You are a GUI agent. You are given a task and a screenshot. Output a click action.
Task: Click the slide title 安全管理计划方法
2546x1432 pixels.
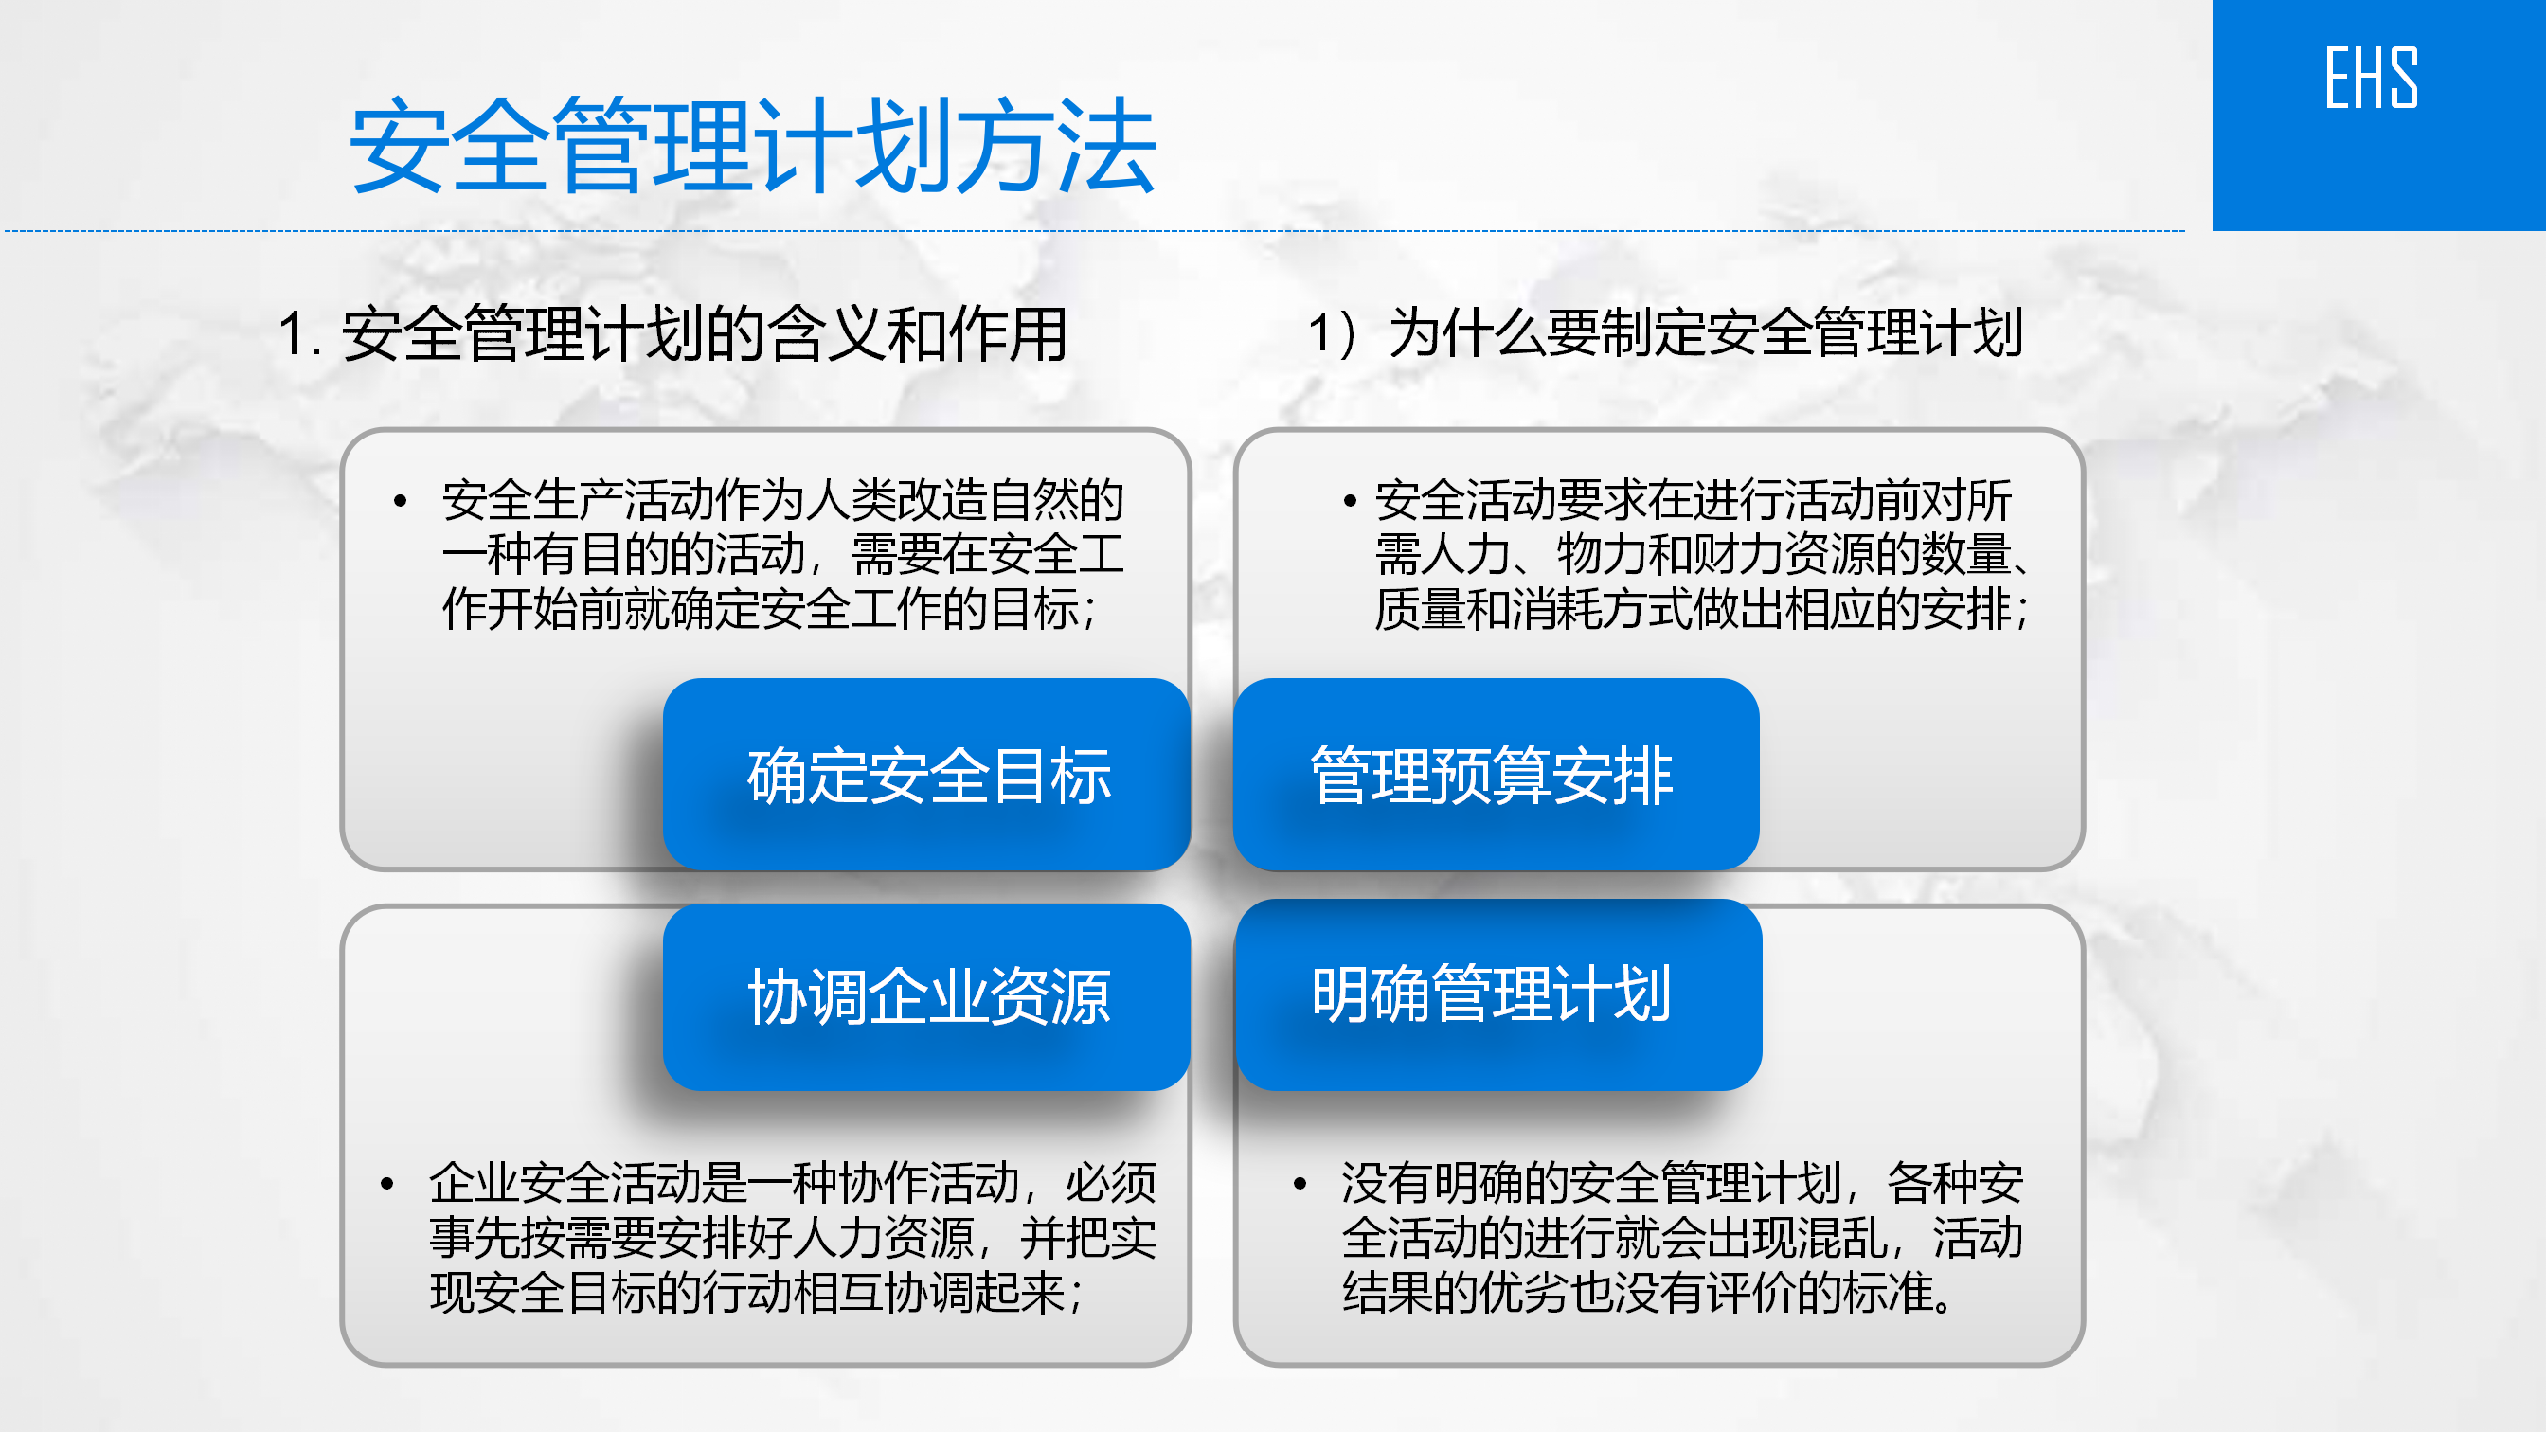coord(753,146)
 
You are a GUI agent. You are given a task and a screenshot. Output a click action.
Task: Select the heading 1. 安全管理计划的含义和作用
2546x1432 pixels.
coord(672,334)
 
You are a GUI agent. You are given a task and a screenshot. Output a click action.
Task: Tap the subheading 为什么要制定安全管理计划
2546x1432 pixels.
coord(1706,332)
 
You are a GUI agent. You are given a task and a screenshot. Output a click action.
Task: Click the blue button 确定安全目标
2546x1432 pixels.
coord(927,774)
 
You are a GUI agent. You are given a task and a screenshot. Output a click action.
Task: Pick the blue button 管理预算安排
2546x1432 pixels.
coord(1497,774)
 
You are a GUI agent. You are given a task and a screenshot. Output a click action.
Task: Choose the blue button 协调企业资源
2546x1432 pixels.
coord(927,996)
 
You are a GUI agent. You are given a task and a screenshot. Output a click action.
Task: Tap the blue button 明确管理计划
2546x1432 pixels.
coord(1498,994)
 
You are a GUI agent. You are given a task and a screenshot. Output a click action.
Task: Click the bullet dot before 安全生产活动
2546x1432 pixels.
coord(401,501)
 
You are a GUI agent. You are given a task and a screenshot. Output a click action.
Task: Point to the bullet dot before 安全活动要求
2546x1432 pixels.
coord(1350,501)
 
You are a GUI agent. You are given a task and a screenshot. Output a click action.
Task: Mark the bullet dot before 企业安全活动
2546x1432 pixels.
coord(387,1183)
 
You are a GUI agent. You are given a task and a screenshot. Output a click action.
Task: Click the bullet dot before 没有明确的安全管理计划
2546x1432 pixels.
coord(1300,1183)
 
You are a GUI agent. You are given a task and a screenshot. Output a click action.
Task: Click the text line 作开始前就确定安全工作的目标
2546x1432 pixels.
coord(769,609)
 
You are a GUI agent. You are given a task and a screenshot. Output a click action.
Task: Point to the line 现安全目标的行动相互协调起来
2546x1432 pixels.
coord(757,1293)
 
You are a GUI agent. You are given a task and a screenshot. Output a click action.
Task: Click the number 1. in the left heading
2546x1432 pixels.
coord(299,334)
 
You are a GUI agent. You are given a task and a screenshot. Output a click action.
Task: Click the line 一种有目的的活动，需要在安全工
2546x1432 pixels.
coord(782,554)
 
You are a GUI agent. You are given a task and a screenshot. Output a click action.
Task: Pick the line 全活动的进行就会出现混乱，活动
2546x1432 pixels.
coord(1682,1237)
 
